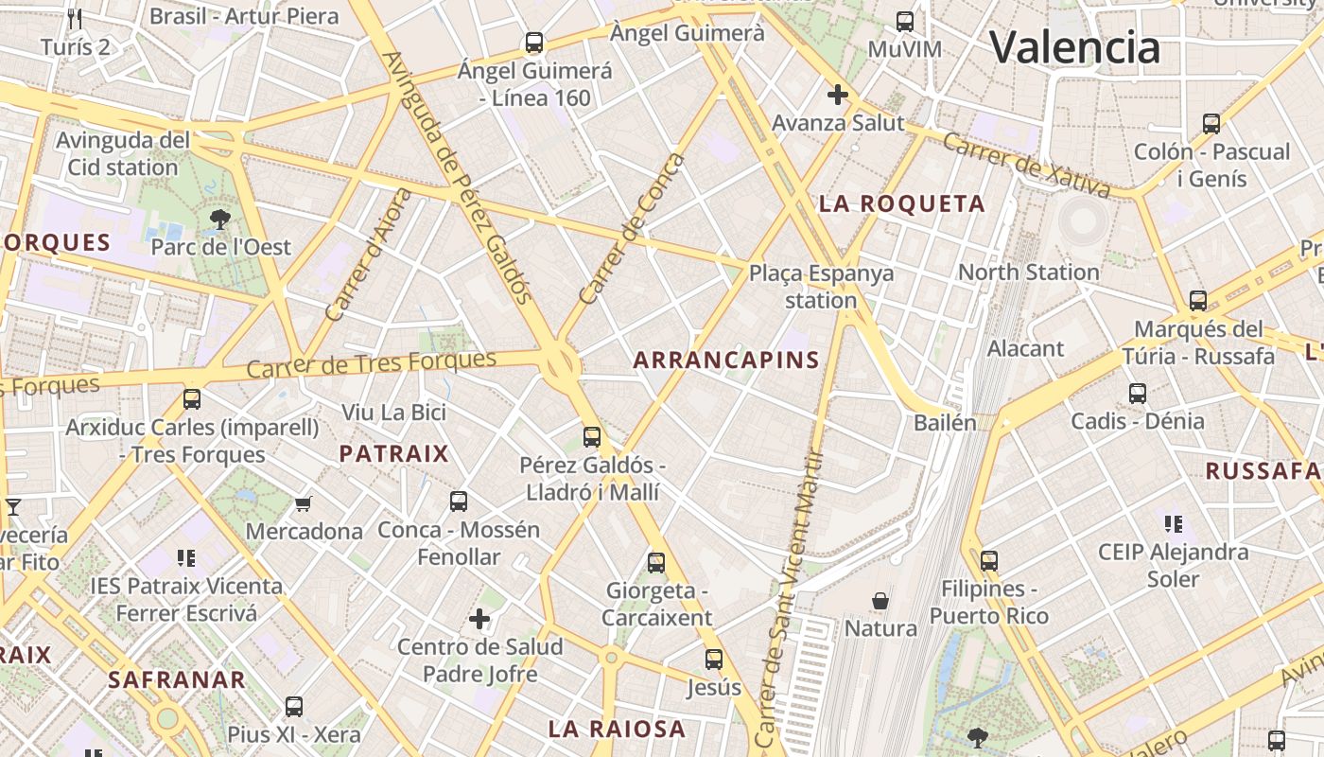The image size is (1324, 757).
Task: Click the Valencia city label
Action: [x=1074, y=46]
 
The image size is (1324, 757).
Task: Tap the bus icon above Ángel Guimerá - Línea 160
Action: [x=534, y=43]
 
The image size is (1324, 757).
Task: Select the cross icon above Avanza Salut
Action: [x=837, y=95]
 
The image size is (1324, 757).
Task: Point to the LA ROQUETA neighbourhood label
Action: [x=901, y=203]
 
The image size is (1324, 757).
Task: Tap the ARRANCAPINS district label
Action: [x=726, y=360]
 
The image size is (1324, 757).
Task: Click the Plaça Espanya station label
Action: [x=821, y=287]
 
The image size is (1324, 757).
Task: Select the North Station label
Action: [x=1028, y=272]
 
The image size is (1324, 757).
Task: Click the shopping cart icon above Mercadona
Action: [x=304, y=504]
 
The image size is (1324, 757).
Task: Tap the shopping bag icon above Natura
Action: [x=880, y=601]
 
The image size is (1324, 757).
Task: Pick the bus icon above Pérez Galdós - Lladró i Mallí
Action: [x=592, y=437]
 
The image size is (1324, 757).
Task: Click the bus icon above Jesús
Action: [x=714, y=660]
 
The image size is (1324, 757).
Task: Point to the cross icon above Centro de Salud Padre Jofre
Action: [x=479, y=620]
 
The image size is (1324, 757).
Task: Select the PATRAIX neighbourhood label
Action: [x=393, y=453]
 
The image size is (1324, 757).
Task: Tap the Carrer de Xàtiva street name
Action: [x=1026, y=165]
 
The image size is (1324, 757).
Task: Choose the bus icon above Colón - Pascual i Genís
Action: [x=1211, y=124]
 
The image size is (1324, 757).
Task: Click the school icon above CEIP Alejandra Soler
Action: [x=1174, y=523]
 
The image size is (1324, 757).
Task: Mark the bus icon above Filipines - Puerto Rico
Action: [x=989, y=561]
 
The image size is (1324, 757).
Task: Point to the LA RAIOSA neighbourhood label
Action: [x=617, y=729]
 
